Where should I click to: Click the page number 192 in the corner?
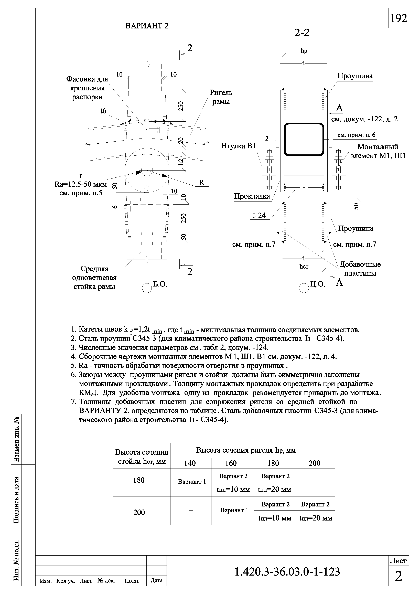click(x=398, y=18)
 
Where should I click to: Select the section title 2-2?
click(x=302, y=33)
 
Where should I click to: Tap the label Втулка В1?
click(x=239, y=146)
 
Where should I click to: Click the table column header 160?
click(x=231, y=463)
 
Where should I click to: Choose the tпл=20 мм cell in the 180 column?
click(x=274, y=490)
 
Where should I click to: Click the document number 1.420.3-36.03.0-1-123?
click(x=287, y=572)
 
